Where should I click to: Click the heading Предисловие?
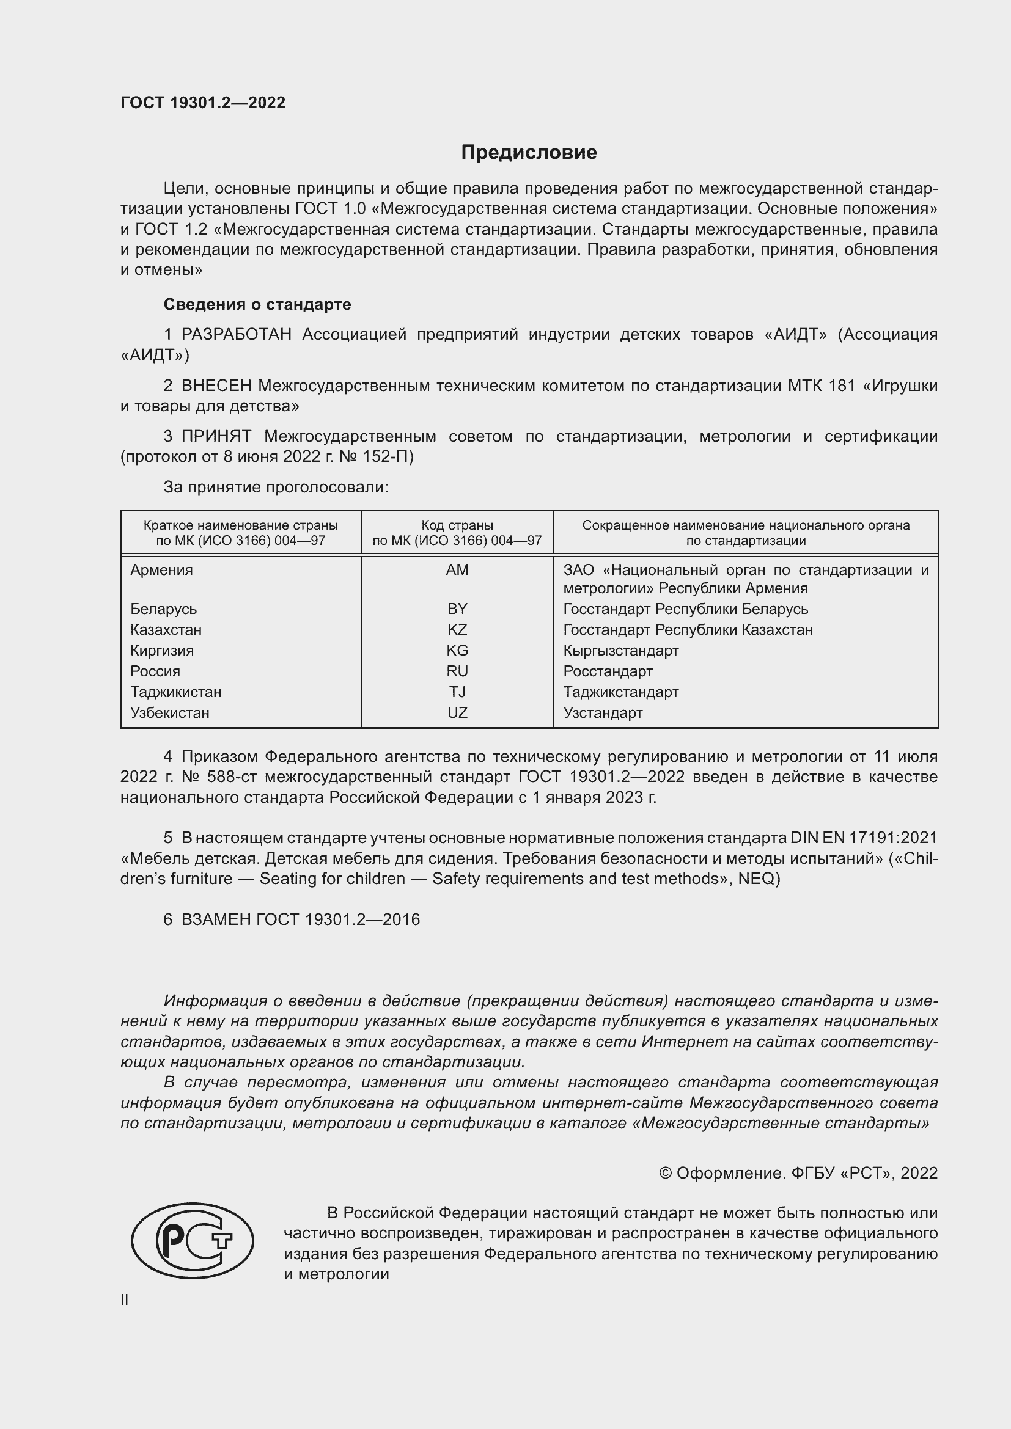529,153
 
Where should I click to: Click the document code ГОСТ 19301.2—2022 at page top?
203,103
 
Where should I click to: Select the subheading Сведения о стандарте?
257,304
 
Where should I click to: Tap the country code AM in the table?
457,569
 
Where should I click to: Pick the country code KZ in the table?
457,629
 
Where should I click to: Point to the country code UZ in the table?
457,712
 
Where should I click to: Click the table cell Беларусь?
163,609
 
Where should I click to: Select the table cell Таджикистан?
175,692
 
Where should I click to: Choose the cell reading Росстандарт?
608,671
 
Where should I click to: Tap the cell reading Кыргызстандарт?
620,651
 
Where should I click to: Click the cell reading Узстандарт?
603,712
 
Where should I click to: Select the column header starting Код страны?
457,533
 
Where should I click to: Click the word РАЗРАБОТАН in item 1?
237,335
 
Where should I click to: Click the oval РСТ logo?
193,1240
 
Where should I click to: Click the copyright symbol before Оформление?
665,1173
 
